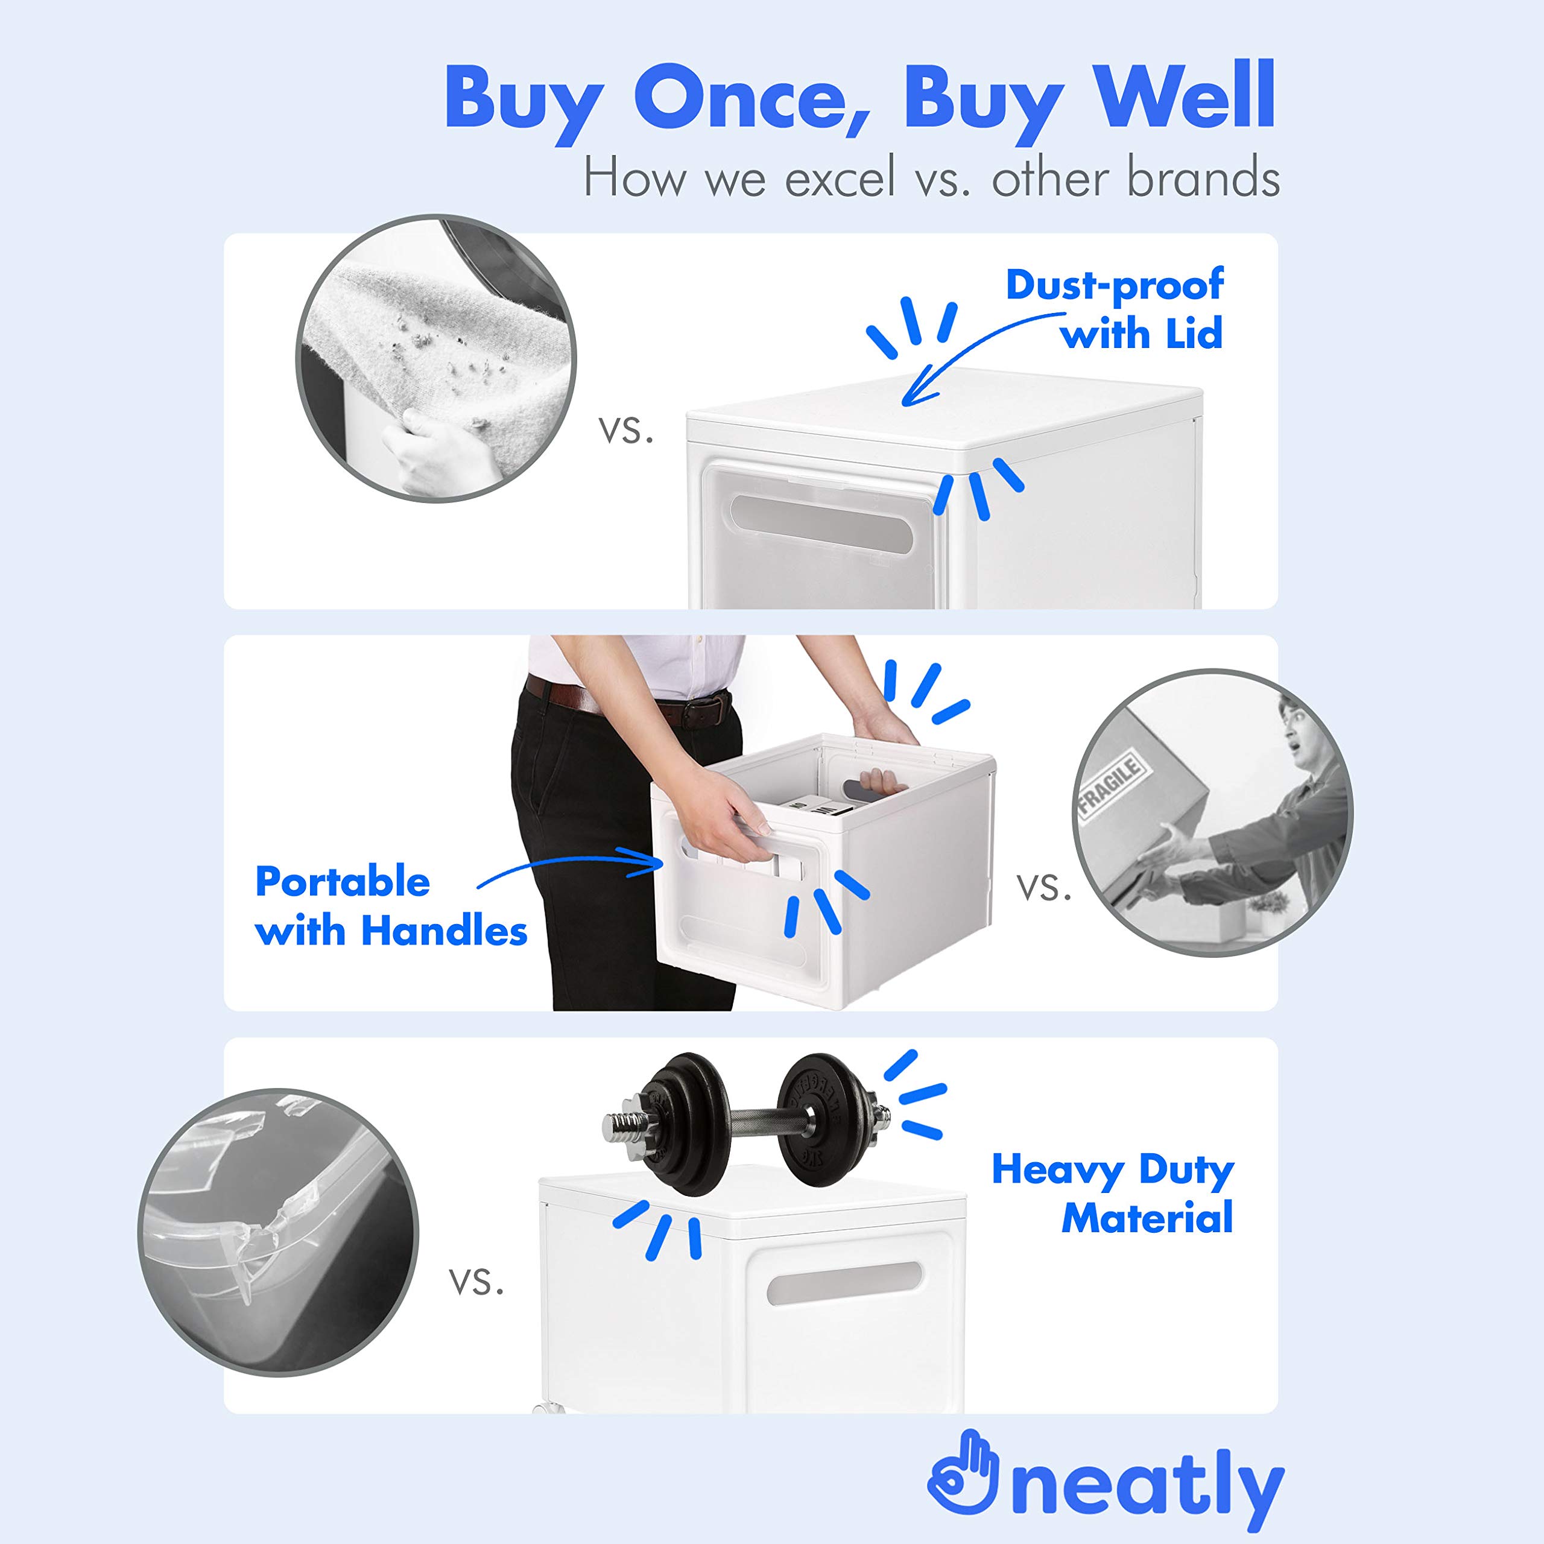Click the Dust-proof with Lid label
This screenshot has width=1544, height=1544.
[1114, 309]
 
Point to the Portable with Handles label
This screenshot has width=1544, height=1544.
[391, 906]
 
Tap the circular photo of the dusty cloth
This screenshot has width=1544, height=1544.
[436, 358]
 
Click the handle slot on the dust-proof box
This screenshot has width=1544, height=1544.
[821, 524]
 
